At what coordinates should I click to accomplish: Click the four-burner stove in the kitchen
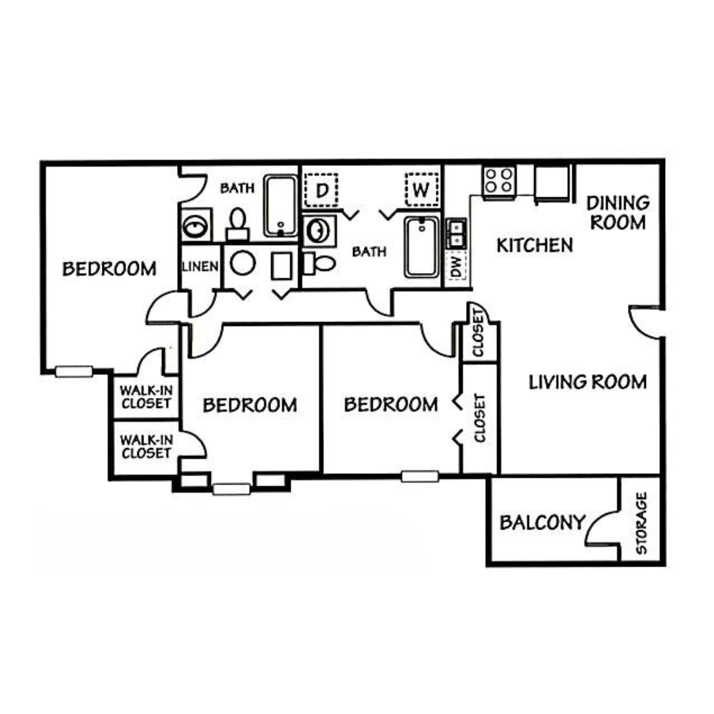(499, 180)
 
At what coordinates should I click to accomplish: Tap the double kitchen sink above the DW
(456, 234)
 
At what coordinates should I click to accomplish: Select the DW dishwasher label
(456, 268)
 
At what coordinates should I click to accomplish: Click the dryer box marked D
(321, 190)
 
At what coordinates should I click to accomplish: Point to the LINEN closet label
(200, 266)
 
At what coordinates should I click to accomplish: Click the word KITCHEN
(535, 245)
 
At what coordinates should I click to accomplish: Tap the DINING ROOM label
(617, 212)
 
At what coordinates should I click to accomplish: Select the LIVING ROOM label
(587, 381)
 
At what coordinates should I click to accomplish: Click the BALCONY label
(542, 523)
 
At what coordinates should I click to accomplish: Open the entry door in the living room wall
(645, 323)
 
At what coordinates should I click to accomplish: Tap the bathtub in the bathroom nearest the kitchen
(422, 248)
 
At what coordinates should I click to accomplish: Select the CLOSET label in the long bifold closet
(480, 418)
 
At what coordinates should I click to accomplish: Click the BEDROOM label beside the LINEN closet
(109, 268)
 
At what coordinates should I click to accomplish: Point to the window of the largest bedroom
(73, 372)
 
